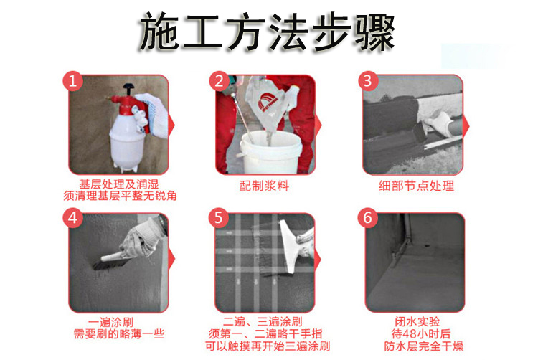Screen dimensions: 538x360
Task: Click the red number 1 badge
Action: click(x=72, y=81)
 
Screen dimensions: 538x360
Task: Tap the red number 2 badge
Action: click(x=219, y=81)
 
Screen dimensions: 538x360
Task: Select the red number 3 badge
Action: click(x=367, y=81)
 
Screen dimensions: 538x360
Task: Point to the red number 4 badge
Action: click(x=72, y=218)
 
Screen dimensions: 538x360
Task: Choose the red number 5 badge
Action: click(x=219, y=218)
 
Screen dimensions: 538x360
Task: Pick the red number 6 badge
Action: click(x=367, y=218)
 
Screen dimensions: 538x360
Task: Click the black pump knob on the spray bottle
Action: click(x=128, y=87)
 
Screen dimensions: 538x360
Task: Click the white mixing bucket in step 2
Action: click(x=271, y=153)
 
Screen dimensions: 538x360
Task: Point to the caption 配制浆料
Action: click(x=264, y=186)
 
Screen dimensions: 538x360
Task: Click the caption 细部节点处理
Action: click(x=416, y=186)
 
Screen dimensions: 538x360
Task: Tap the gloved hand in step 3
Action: click(x=438, y=123)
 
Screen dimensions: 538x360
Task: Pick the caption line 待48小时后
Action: click(x=420, y=334)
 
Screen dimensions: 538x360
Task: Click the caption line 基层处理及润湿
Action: click(x=119, y=184)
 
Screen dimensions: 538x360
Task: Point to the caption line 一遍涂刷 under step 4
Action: click(x=110, y=322)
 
